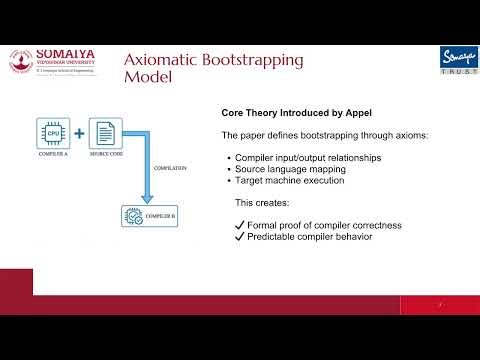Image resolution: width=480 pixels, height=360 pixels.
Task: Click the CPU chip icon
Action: [x=53, y=131]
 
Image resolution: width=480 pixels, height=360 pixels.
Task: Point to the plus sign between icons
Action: [x=79, y=132]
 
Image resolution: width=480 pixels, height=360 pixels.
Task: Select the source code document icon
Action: [x=105, y=131]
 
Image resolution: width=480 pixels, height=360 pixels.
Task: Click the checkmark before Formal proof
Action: [x=238, y=226]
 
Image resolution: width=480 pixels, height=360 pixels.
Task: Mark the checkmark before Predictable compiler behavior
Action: [x=238, y=239]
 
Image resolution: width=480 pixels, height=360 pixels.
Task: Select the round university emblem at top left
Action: [x=20, y=60]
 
